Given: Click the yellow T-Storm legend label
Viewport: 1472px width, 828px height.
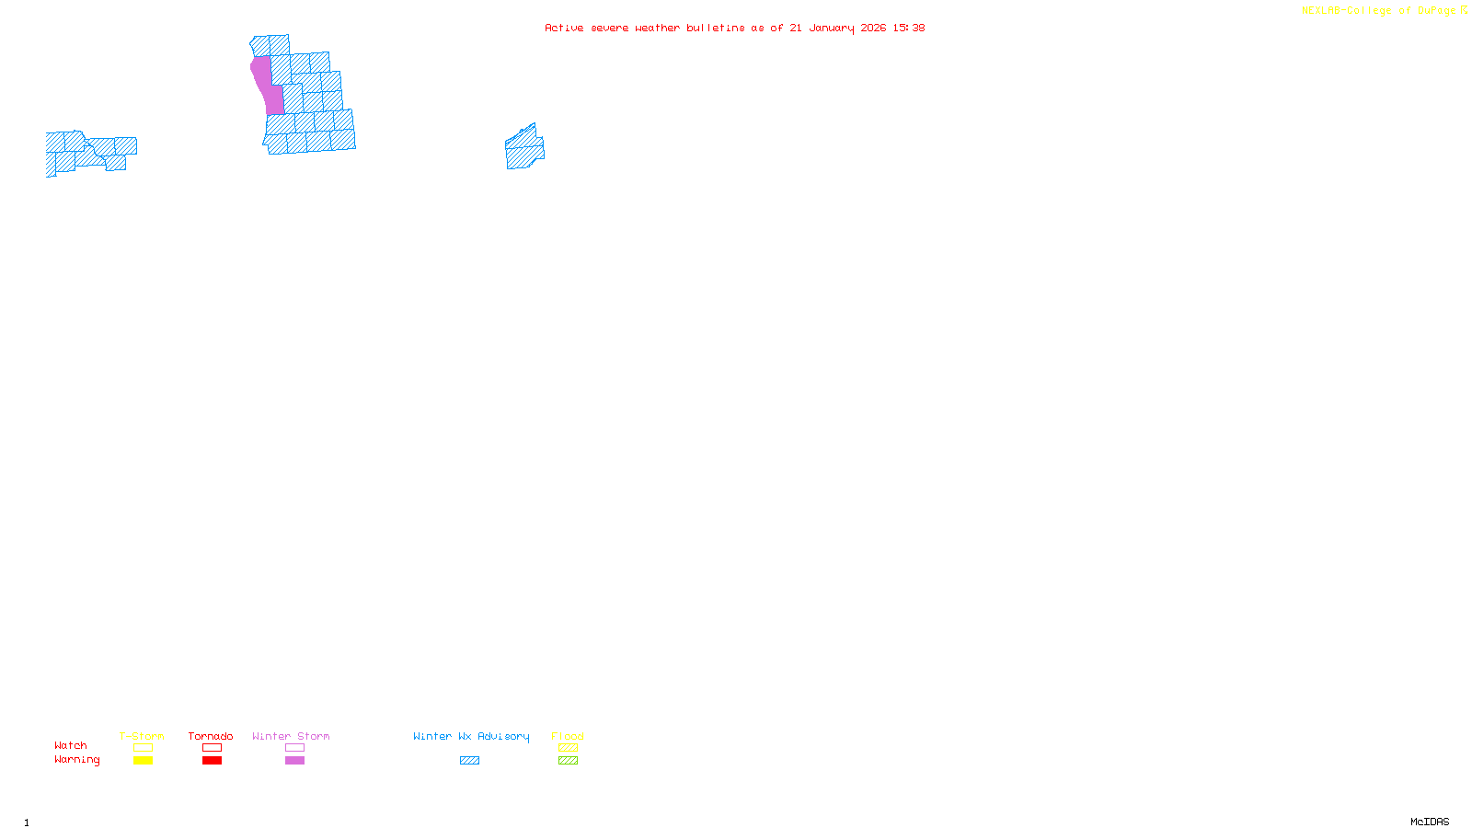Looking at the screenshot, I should (142, 736).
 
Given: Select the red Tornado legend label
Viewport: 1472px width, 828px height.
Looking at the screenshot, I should (211, 736).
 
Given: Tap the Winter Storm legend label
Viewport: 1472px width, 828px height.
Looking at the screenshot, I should (291, 736).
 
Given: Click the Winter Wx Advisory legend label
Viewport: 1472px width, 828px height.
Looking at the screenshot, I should (471, 736).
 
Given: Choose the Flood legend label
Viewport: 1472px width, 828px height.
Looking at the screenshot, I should (568, 736).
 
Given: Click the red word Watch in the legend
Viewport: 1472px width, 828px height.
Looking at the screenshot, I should (71, 745).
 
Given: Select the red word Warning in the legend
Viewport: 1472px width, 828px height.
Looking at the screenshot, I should (77, 760).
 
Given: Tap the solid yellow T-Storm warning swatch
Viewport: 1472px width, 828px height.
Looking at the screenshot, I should (143, 761).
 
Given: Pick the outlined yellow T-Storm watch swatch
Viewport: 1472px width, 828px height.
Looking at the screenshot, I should (143, 748).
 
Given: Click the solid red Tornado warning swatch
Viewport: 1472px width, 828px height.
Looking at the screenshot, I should (212, 761).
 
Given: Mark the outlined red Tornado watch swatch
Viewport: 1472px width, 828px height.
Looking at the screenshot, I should (212, 748).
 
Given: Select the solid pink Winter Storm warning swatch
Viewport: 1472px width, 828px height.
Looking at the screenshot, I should (294, 761).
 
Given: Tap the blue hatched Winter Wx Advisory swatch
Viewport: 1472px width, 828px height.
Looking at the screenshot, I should (469, 761).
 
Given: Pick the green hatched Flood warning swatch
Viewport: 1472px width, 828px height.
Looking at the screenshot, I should (568, 761).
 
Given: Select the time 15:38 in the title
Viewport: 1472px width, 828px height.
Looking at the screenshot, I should (909, 28).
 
